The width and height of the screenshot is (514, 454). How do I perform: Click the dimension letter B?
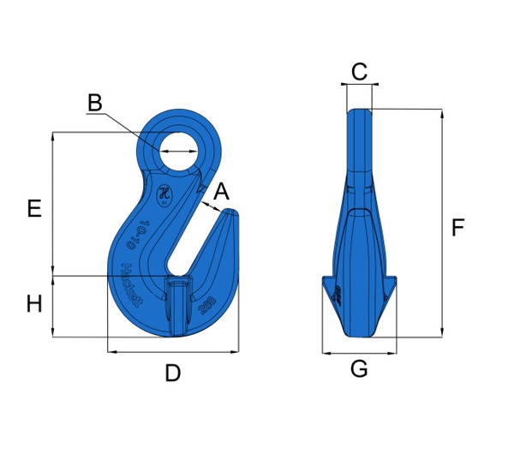pos(94,103)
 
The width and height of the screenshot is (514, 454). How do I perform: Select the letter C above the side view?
pos(359,72)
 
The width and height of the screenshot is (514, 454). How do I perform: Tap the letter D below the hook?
pos(173,373)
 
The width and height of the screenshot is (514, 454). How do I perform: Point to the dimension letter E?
pos(34,208)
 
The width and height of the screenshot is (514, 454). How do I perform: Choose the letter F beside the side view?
pos(457,228)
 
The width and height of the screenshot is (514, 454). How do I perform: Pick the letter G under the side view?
pos(359,369)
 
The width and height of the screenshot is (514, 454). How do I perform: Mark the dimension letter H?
pos(34,303)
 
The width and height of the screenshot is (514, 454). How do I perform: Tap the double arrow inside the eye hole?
pos(180,151)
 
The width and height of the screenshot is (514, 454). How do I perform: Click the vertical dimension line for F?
pos(442,223)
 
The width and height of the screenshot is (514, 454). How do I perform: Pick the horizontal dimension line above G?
pos(359,352)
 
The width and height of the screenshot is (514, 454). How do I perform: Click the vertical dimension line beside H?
pos(54,307)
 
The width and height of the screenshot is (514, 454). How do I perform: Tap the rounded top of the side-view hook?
pos(359,112)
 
